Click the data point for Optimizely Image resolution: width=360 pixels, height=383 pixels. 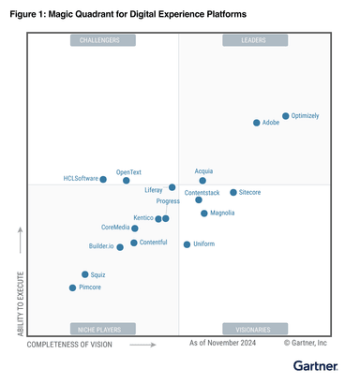(286, 116)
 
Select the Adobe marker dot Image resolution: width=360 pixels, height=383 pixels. (257, 123)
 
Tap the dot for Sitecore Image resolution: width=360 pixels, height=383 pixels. (233, 192)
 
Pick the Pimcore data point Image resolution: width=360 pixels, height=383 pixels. (72, 287)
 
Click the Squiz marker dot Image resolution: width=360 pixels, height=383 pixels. (85, 274)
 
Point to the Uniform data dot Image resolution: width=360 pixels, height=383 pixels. (187, 244)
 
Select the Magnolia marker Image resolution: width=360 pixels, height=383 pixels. (203, 214)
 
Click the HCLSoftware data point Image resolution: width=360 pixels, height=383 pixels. (103, 178)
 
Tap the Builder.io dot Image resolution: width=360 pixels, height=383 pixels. (120, 247)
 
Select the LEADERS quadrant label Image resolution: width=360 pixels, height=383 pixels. (253, 40)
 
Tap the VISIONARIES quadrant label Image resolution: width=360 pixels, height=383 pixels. (253, 329)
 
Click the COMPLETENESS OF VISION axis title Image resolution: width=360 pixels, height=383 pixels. (69, 345)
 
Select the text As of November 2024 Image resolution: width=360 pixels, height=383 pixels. (223, 345)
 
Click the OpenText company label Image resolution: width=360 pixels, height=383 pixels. (128, 172)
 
